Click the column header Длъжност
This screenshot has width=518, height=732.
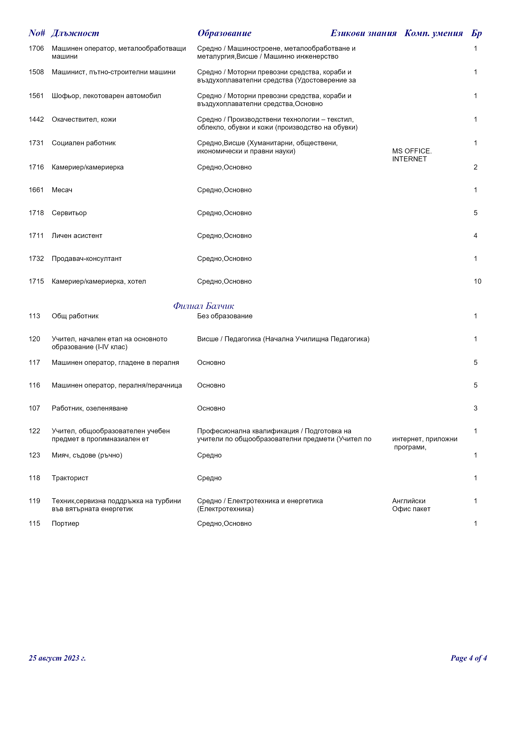pyautogui.click(x=75, y=33)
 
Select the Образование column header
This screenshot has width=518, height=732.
pyautogui.click(x=224, y=33)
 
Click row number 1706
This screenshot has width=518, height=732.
pyautogui.click(x=36, y=48)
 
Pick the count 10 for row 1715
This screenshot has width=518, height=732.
pyautogui.click(x=477, y=282)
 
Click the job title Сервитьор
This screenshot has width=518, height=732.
pyautogui.click(x=69, y=213)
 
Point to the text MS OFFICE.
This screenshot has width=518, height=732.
pyautogui.click(x=412, y=151)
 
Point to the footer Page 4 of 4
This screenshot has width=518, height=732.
pyautogui.click(x=468, y=658)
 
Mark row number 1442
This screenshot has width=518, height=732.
pyautogui.click(x=36, y=120)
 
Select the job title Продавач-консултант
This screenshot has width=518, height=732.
pyautogui.click(x=86, y=259)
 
